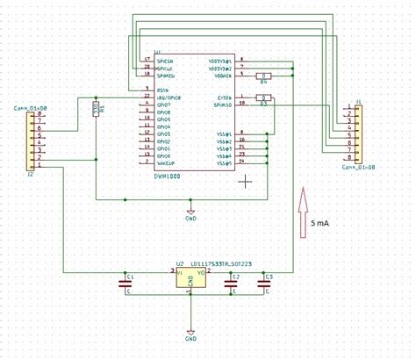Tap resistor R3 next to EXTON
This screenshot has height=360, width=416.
[264, 97]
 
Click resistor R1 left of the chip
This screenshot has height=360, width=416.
[95, 108]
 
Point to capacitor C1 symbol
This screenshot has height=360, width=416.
[126, 283]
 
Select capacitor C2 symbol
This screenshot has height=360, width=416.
[230, 283]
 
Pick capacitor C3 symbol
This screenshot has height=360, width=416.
[263, 283]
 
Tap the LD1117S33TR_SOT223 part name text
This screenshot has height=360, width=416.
[216, 263]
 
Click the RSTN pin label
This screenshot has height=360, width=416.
[161, 90]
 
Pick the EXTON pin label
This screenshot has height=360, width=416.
[223, 97]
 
